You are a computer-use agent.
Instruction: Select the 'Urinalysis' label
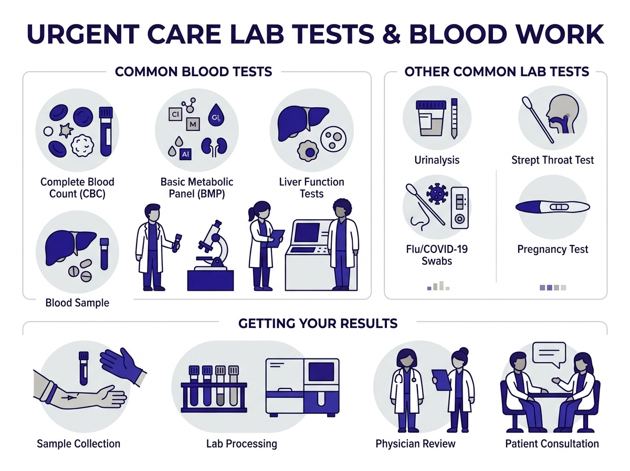click(x=436, y=159)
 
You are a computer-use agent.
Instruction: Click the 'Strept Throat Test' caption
click(x=552, y=159)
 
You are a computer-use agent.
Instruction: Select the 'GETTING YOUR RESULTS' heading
click(x=318, y=323)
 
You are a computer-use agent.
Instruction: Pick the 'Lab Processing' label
click(x=241, y=444)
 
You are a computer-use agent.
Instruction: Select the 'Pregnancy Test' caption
click(x=552, y=249)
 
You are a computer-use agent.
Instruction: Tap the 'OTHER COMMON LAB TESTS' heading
click(x=496, y=71)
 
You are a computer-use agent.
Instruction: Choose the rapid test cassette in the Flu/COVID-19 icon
click(x=459, y=207)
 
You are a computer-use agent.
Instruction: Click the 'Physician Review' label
click(x=415, y=444)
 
